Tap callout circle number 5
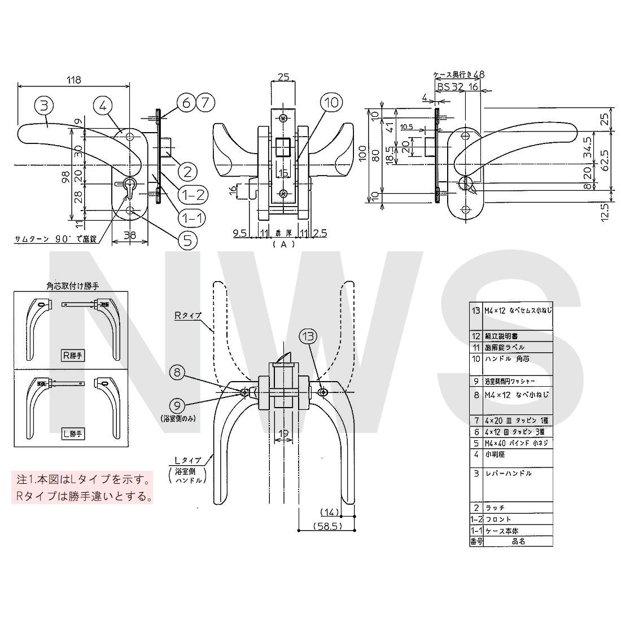[187, 239]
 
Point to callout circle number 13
[308, 337]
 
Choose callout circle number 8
[177, 372]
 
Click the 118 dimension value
[73, 80]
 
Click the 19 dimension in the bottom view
[283, 434]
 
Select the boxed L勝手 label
[72, 434]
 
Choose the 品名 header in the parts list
[518, 541]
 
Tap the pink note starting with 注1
[84, 488]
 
